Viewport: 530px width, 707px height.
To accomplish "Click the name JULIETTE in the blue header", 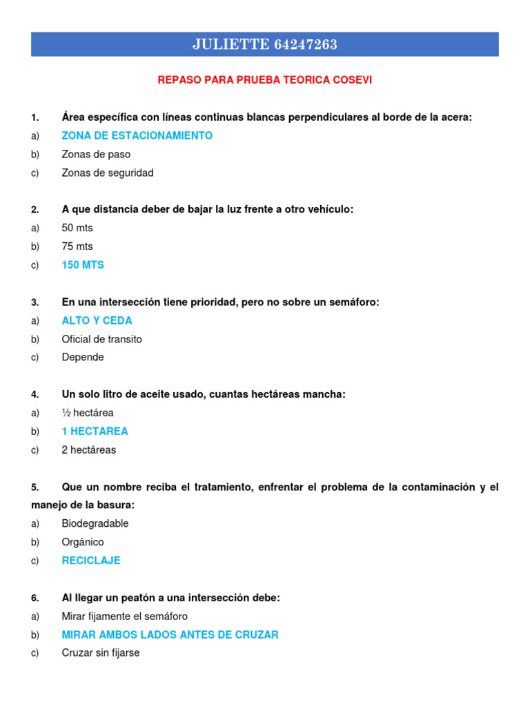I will coord(230,45).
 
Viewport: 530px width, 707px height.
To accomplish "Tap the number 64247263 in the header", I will coord(306,45).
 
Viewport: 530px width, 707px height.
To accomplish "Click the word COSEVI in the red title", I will coord(352,80).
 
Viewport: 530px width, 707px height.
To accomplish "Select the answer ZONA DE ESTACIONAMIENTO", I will coord(137,136).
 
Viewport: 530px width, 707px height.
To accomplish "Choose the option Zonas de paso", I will coord(96,155).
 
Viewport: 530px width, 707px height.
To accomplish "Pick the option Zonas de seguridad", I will coord(108,173).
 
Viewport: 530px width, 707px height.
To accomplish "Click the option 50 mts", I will coord(77,228).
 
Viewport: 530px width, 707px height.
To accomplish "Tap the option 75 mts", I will coord(77,246).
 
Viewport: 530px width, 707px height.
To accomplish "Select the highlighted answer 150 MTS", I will coord(83,265).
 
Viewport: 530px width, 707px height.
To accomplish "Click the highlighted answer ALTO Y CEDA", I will coord(97,320).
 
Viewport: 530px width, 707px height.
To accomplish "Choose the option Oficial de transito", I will coord(101,339).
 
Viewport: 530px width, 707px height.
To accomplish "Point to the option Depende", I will coord(83,358).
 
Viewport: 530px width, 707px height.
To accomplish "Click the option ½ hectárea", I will coord(88,413).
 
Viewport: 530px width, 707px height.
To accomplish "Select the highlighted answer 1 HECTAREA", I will coord(95,432).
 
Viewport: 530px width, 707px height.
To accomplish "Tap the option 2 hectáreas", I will coord(89,450).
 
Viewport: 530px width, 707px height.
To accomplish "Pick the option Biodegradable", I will coord(95,523).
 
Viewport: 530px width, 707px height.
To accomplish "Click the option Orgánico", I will coord(83,542).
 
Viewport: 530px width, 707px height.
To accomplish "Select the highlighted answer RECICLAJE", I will coord(91,561).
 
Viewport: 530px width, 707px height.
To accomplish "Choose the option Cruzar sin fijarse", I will coord(101,652).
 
